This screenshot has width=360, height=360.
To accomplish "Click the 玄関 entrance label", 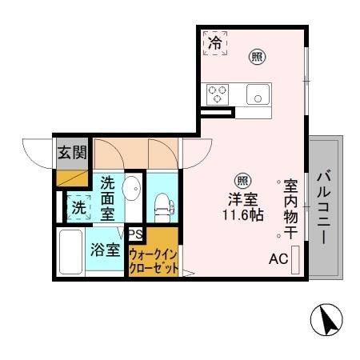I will click(x=71, y=152).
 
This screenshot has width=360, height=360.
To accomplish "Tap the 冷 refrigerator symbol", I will click(x=214, y=42).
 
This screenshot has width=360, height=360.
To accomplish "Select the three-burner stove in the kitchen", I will click(x=218, y=94).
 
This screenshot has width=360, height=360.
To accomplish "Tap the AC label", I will click(x=278, y=259).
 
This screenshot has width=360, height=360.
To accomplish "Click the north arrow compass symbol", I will click(x=326, y=321).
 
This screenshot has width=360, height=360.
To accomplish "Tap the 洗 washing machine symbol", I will click(x=79, y=207).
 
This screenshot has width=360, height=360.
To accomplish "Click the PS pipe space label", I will click(x=136, y=234).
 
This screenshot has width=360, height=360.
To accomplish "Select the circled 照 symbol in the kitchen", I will click(x=257, y=56).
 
